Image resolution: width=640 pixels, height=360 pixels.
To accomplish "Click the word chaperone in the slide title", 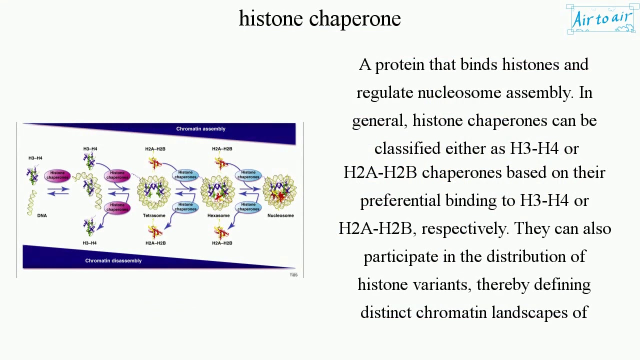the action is [x=355, y=19].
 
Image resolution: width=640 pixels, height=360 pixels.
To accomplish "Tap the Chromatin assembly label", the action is [x=200, y=129].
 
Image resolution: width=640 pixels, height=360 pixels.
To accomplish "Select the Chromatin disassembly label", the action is [x=113, y=260].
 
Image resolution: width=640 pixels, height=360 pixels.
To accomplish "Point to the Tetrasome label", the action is [x=154, y=215].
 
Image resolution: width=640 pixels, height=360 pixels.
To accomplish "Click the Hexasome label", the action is [x=218, y=215].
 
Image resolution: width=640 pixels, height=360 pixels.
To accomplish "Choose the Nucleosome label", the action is [x=280, y=215].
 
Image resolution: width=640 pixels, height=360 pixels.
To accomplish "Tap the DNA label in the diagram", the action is [x=42, y=215].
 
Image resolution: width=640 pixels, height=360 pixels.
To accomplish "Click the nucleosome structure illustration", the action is [x=279, y=191].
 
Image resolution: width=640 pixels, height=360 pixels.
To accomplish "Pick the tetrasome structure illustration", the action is [x=154, y=192].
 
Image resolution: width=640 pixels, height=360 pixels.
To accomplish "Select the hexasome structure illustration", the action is [x=217, y=192].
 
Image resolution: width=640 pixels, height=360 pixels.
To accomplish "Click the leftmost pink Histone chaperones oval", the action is [x=57, y=175].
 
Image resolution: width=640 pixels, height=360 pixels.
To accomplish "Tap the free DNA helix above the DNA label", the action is [x=32, y=202].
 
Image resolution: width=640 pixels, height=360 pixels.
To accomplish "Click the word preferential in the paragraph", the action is [x=400, y=201].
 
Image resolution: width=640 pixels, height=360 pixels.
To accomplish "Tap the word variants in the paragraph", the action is [x=441, y=284].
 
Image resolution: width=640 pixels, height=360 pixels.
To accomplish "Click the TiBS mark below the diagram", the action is [x=293, y=275].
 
